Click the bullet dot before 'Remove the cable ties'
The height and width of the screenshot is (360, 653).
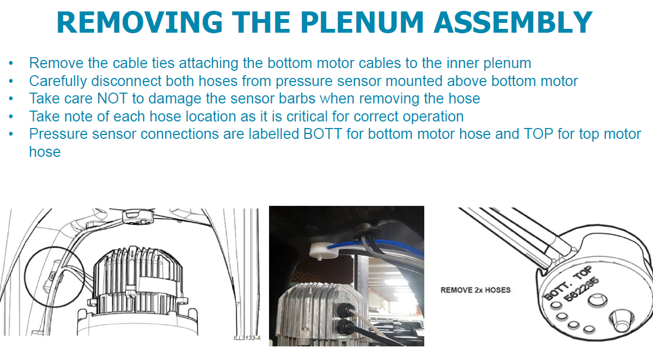(12, 63)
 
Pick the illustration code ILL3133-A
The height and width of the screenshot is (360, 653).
(247, 338)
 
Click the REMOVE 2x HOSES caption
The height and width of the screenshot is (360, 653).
(475, 290)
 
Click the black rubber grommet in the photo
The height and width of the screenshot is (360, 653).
(365, 230)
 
